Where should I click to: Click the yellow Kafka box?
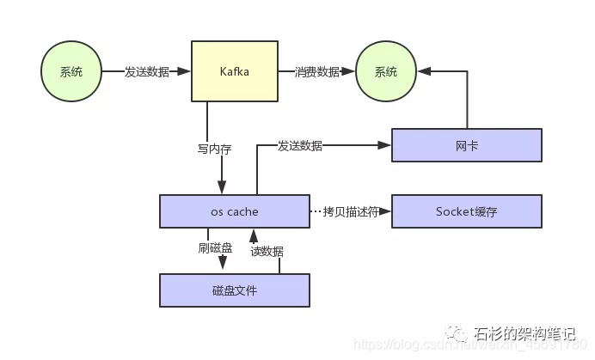click(x=234, y=72)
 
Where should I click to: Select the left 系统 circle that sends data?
click(x=71, y=72)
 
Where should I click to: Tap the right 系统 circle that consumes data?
click(x=386, y=72)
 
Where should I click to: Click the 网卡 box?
click(x=467, y=145)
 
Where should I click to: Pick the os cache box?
click(x=234, y=211)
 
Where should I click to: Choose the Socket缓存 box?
click(x=467, y=211)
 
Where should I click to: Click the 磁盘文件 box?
click(x=234, y=290)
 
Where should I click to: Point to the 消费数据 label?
click(x=317, y=72)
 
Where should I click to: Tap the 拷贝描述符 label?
click(x=350, y=211)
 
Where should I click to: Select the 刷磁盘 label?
click(x=215, y=249)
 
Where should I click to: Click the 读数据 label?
click(x=267, y=252)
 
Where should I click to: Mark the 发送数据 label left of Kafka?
click(x=146, y=72)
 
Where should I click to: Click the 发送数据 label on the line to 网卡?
click(x=300, y=145)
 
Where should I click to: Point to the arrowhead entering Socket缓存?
click(x=387, y=211)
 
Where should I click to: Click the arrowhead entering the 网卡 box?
click(x=387, y=145)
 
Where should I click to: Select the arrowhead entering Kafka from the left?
click(x=186, y=72)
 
